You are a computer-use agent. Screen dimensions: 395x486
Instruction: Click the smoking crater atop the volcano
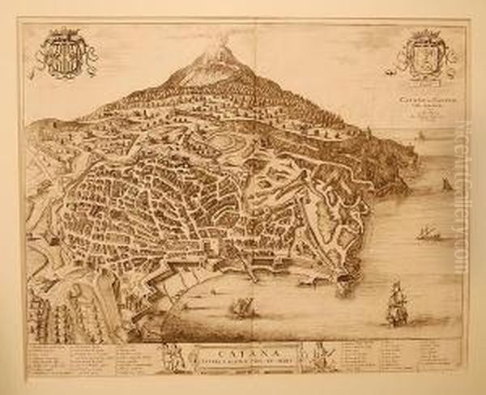215,50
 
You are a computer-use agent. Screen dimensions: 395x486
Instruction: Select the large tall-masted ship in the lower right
395,303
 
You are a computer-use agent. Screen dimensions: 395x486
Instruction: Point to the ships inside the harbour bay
241,307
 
